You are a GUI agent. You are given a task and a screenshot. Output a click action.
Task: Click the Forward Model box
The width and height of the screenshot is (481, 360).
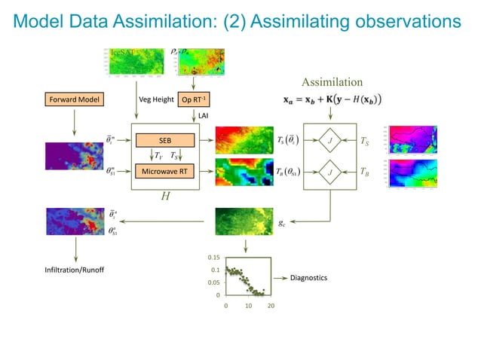coord(73,99)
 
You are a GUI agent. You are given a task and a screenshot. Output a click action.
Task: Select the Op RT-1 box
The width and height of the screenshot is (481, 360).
coord(194,99)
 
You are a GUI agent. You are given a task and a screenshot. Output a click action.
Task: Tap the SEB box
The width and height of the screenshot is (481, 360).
coord(164,140)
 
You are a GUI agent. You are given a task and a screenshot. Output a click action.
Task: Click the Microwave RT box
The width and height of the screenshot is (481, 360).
coord(164,172)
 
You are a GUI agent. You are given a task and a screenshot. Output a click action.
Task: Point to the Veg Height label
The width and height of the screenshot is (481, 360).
coord(157,99)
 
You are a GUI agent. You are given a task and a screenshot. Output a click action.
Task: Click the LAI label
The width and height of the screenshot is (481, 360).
coord(203,115)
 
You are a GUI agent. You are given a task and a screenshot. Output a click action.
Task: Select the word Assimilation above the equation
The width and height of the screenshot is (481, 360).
coord(332,81)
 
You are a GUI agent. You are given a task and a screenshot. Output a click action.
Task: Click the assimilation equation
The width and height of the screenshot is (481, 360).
coord(332,99)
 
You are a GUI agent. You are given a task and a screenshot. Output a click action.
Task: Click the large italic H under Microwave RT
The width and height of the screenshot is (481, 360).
coord(164,196)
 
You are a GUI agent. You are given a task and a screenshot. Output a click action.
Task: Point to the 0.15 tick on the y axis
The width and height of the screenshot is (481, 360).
coord(214,257)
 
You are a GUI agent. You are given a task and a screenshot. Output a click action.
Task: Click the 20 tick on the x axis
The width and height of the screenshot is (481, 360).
coord(271,307)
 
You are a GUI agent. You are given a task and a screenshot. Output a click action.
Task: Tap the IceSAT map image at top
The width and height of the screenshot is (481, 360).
coord(131,61)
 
